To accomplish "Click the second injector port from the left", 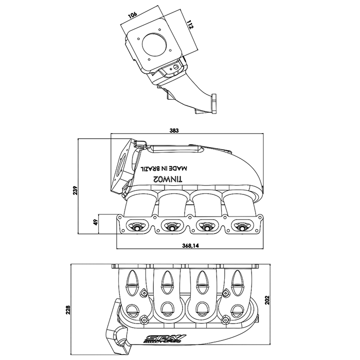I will click(x=172, y=225).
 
